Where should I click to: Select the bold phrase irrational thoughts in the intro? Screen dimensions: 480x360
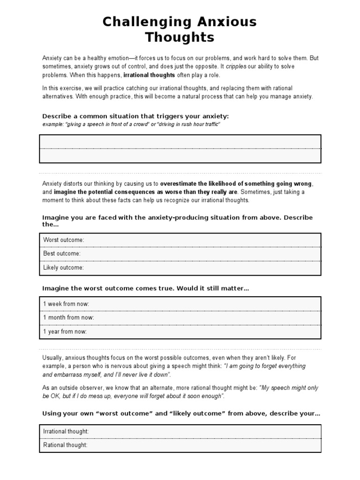tap(149, 75)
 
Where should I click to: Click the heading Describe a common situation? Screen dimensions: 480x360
tap(135, 116)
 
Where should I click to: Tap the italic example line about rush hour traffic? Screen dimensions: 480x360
tap(131, 124)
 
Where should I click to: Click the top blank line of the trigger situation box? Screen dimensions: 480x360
tap(180, 142)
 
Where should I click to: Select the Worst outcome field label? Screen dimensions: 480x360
tap(64, 240)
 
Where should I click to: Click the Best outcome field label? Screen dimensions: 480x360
tap(62, 254)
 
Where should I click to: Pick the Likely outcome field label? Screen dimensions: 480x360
tap(63, 268)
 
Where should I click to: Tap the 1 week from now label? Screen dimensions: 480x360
tap(66, 304)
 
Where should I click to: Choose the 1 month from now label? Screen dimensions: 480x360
tap(68, 317)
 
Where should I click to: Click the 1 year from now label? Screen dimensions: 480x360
tap(65, 331)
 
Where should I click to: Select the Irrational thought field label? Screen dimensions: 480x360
tap(66, 431)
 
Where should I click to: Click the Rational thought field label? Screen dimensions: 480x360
tap(65, 445)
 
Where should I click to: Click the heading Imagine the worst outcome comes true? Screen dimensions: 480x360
tap(145, 288)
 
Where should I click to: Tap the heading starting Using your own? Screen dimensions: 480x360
tap(181, 413)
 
